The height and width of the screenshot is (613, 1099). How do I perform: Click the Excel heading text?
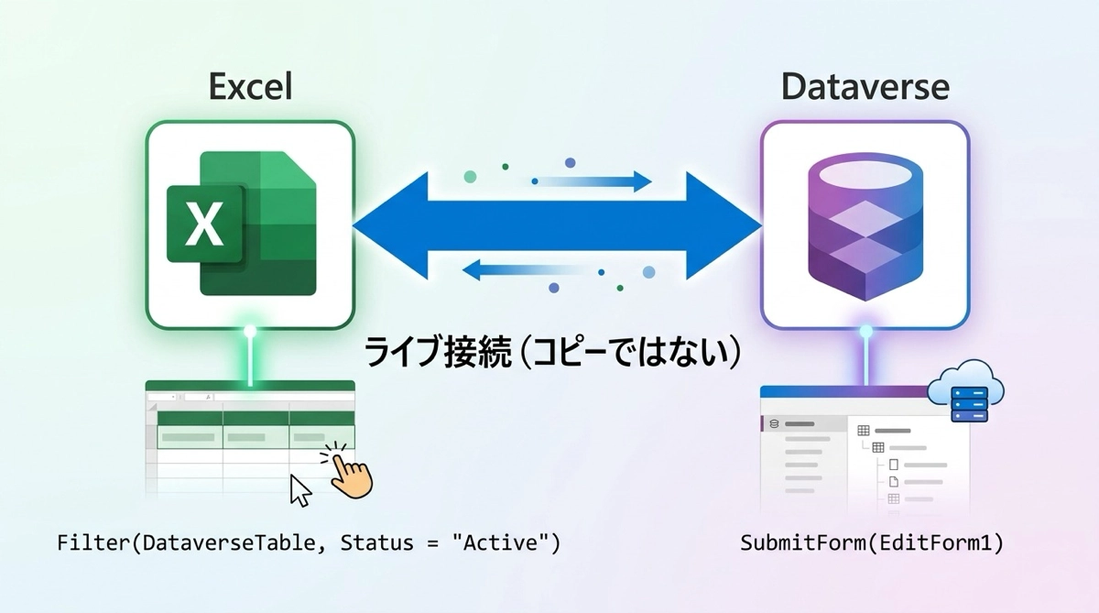coord(250,87)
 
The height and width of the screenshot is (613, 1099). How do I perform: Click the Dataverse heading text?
coord(865,87)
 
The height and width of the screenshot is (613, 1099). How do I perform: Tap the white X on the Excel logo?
coord(204,224)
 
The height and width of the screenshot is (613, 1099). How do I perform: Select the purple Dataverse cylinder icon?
coord(865,224)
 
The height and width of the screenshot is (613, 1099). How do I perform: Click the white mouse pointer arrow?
coord(299,490)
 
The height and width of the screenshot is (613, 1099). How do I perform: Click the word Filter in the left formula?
coord(92,543)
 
